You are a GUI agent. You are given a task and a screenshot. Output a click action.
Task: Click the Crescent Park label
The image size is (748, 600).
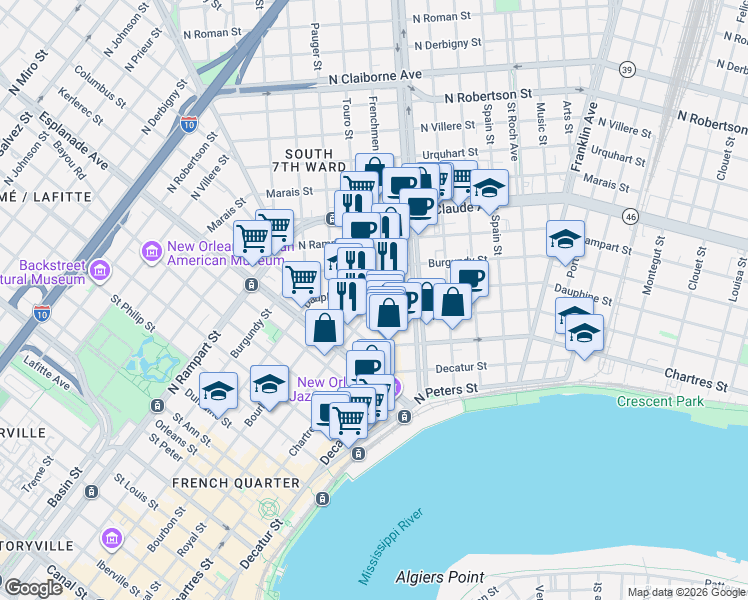point(660,402)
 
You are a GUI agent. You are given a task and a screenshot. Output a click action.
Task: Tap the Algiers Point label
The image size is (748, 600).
point(440,577)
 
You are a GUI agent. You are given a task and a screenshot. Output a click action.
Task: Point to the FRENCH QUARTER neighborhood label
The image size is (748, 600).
point(236,483)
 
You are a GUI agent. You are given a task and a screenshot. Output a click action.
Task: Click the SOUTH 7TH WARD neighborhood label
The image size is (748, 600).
point(308,160)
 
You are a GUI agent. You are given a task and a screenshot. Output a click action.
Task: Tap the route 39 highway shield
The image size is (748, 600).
point(627,69)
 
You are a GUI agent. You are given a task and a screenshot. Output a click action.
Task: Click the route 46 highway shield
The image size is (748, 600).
point(629,216)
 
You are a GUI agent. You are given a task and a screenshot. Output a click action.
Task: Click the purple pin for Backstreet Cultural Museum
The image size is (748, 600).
point(100,269)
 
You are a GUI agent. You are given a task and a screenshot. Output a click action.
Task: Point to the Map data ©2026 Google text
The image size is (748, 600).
point(686,592)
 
